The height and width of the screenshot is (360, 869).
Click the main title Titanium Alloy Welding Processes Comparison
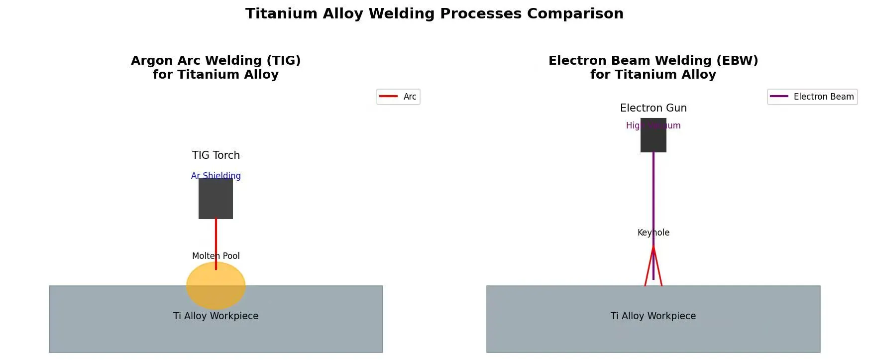pyautogui.click(x=434, y=13)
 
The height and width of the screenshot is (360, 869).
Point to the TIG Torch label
pyautogui.click(x=216, y=155)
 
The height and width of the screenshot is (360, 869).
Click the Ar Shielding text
pyautogui.click(x=216, y=175)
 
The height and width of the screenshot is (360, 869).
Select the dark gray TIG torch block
pyautogui.click(x=216, y=199)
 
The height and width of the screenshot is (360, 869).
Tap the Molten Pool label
pyautogui.click(x=216, y=256)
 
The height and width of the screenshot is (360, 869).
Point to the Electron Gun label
pyautogui.click(x=653, y=108)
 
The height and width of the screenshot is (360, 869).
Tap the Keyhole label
pyautogui.click(x=653, y=233)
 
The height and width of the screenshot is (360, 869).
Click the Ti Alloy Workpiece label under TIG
pyautogui.click(x=216, y=316)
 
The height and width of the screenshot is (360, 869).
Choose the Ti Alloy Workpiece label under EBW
pyautogui.click(x=653, y=316)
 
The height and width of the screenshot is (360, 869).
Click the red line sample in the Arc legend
pyautogui.click(x=388, y=96)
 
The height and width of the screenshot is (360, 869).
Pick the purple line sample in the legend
pyautogui.click(x=779, y=96)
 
